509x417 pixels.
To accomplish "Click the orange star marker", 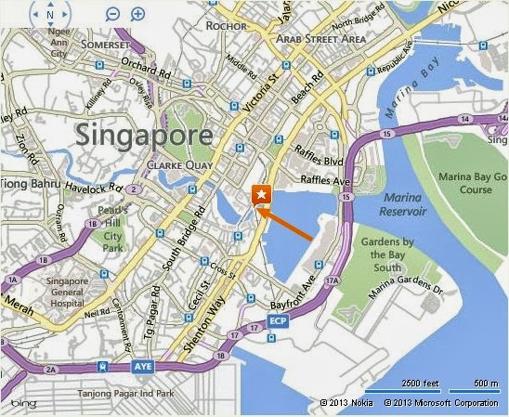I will click(x=262, y=194).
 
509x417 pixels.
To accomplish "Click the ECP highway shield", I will click(x=276, y=320).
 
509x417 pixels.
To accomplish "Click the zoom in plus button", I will click(x=137, y=14).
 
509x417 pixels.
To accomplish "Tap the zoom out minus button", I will click(x=112, y=14).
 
